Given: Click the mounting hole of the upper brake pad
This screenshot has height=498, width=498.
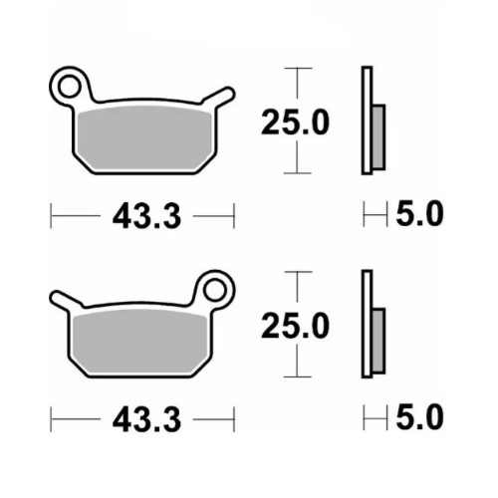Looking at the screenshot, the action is tap(70, 87).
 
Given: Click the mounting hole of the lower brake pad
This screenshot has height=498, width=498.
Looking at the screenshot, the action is tap(214, 291).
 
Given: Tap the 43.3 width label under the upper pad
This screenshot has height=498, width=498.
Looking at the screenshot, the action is tap(146, 216).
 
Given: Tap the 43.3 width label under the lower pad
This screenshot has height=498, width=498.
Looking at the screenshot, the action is tap(146, 420).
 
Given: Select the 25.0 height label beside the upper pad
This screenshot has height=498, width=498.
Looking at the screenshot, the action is tap(295, 123).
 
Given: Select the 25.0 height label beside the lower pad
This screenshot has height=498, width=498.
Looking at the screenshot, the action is tap(295, 326).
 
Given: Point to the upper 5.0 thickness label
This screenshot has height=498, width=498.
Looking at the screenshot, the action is tap(419, 213).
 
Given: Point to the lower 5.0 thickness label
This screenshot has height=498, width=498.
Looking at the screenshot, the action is tap(419, 416).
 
